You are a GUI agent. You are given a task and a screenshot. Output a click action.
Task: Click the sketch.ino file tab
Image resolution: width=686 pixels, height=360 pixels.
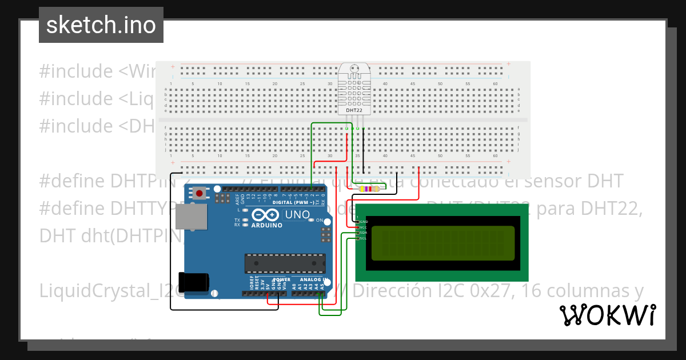click(101, 25)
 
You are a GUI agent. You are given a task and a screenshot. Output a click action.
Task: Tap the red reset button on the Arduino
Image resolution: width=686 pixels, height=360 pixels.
click(199, 193)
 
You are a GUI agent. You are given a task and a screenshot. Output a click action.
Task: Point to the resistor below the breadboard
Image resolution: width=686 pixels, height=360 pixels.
click(369, 189)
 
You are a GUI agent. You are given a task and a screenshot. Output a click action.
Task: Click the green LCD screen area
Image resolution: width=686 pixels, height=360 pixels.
click(443, 243)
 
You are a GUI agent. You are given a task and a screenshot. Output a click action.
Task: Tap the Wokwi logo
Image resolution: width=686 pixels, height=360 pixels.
click(607, 315)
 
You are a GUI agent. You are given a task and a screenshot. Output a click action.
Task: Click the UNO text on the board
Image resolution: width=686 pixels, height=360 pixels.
click(297, 215)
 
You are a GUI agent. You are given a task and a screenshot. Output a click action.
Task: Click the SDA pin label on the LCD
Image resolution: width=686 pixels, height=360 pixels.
click(363, 233)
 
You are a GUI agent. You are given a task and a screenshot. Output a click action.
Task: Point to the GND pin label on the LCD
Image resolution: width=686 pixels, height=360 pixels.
click(364, 221)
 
